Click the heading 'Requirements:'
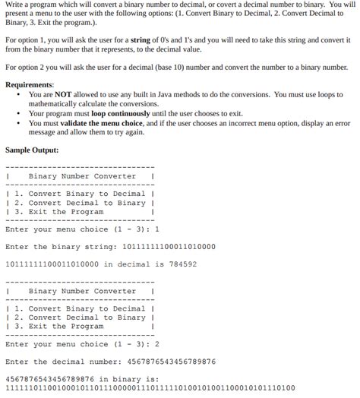point(30,84)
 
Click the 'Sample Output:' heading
point(32,150)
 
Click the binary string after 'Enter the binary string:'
point(164,246)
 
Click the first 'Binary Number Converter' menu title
point(82,176)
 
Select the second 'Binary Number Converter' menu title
point(82,291)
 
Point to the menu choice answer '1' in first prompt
point(156,229)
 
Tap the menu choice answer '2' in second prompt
point(156,344)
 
